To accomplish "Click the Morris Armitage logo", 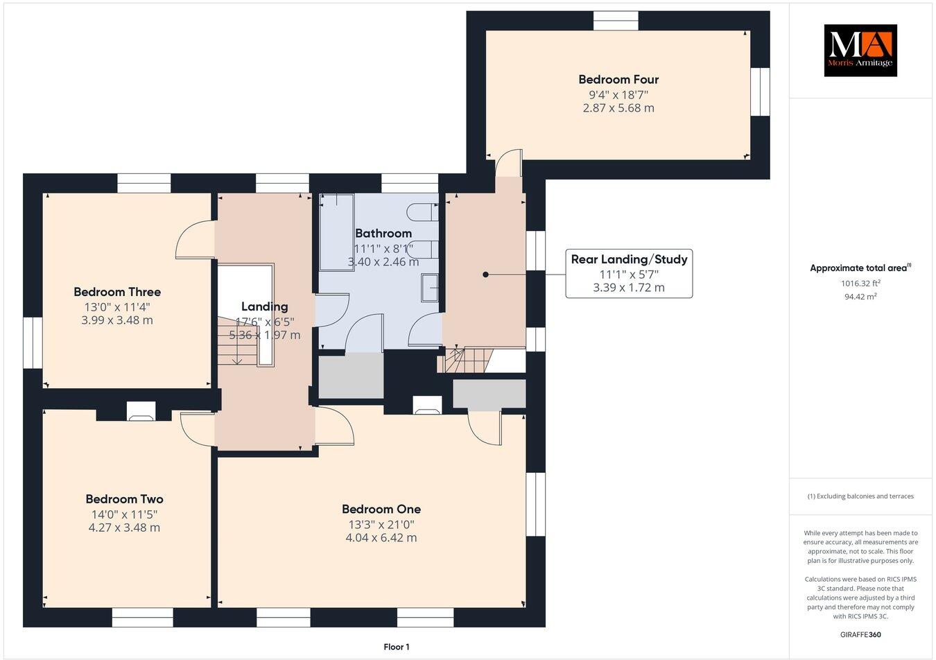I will [x=860, y=51].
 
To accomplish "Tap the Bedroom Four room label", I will [x=618, y=80].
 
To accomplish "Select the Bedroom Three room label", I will [x=117, y=292].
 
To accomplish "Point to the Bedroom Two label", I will [x=124, y=499].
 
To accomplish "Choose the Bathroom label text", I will [x=383, y=234].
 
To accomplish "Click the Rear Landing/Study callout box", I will [x=628, y=273].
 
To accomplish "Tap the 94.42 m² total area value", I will [x=860, y=297].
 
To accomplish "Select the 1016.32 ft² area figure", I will [x=860, y=283].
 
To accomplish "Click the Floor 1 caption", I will [x=397, y=647].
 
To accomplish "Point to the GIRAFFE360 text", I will [x=860, y=634].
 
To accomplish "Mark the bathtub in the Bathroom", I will [x=336, y=232].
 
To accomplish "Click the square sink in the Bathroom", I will [x=430, y=287].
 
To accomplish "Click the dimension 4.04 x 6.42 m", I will [x=381, y=538].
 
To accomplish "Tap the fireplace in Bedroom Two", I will [x=141, y=416].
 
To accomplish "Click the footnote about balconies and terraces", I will [x=860, y=496].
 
